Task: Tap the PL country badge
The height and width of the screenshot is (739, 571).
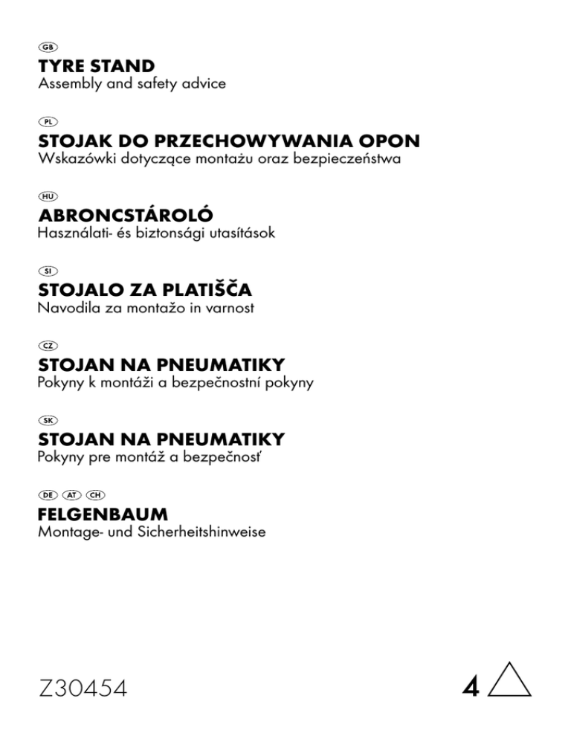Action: coord(48,121)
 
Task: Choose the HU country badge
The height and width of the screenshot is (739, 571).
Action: coord(48,196)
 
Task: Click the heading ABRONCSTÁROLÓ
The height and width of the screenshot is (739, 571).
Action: coord(125,215)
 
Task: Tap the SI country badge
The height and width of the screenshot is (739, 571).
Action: coord(48,271)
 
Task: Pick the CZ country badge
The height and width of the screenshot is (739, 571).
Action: coord(48,345)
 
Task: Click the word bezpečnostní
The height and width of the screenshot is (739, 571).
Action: coord(227,383)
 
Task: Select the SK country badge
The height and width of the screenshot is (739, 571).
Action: coord(48,420)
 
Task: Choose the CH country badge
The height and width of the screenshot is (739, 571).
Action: coord(95,494)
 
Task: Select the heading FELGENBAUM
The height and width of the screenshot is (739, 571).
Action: coord(103,514)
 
